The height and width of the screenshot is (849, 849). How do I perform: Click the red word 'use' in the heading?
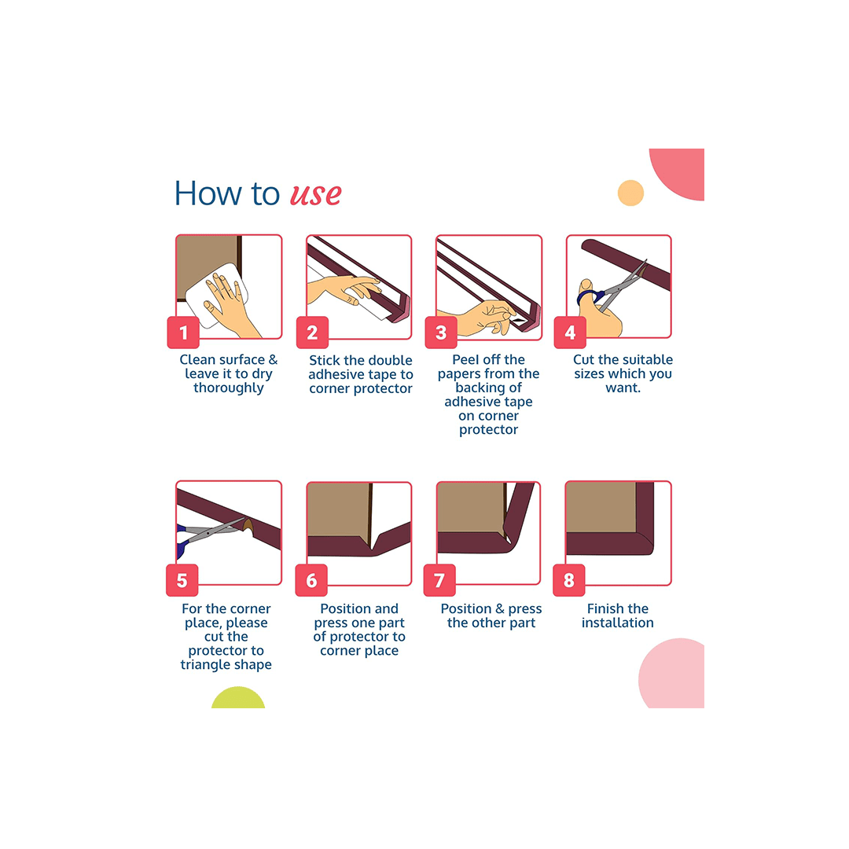316,193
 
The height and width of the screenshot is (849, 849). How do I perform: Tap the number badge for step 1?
183,333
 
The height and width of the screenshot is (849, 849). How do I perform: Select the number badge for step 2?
312,333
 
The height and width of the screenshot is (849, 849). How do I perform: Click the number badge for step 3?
441,333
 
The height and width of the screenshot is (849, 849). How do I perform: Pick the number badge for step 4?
570,333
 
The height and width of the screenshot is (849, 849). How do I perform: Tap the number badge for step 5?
182,581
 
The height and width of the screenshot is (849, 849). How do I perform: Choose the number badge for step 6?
311,581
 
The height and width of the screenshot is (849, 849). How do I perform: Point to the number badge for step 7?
439,581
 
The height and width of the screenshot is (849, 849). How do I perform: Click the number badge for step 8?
569,581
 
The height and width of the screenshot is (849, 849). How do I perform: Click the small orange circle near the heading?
630,193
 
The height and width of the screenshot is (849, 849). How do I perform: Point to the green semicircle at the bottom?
238,699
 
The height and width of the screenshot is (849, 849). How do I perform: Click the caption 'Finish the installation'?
618,616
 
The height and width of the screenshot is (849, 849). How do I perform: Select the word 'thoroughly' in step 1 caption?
229,388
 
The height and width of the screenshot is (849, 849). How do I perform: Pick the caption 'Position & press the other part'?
491,616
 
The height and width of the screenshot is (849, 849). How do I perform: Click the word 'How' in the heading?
204,193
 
